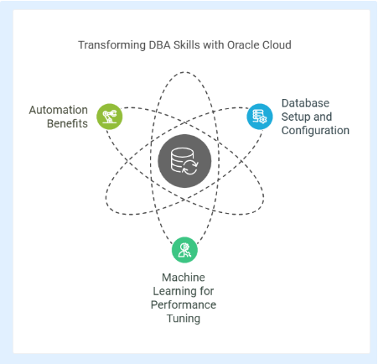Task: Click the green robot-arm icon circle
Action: [110, 117]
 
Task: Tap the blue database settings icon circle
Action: [260, 117]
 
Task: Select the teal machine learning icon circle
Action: [184, 250]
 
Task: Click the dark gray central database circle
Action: [184, 161]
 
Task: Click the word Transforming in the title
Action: [111, 45]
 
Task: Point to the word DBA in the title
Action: [159, 45]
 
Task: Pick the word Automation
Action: [59, 110]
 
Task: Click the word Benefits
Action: [67, 123]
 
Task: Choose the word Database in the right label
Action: [305, 103]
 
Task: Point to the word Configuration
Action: [315, 131]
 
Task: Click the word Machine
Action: [184, 278]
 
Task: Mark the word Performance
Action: [184, 304]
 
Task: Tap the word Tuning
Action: [184, 319]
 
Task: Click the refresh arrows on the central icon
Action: [190, 168]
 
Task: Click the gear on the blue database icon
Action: [262, 120]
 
